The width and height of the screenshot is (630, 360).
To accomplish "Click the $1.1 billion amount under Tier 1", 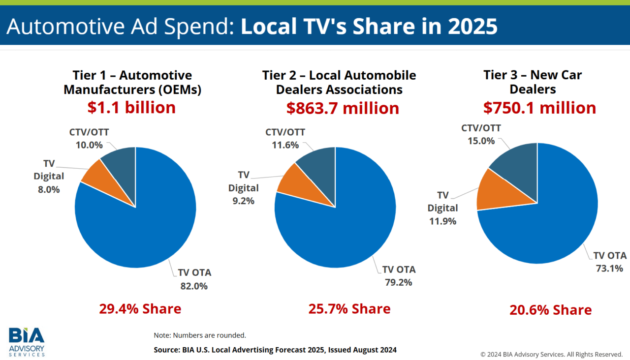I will (131, 107).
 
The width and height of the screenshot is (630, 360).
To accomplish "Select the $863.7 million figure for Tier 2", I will (343, 108).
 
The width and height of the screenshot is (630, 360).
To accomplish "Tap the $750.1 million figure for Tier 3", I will (539, 108).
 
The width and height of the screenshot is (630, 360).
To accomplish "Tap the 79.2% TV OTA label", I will (399, 276).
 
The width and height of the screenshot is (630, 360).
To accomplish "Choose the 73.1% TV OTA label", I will (609, 262).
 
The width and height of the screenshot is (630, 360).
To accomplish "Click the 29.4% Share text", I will (140, 309).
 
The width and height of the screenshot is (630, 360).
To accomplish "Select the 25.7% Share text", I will (349, 309).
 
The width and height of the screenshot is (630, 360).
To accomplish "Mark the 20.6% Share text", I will (550, 310).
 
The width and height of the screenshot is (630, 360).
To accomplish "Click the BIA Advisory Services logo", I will (27, 341).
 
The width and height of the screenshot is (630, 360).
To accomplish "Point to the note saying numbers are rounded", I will (200, 335).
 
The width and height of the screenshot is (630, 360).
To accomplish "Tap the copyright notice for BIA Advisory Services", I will (552, 354).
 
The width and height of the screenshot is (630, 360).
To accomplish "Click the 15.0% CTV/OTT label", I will (481, 134).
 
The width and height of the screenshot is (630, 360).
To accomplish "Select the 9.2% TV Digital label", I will (243, 188).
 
